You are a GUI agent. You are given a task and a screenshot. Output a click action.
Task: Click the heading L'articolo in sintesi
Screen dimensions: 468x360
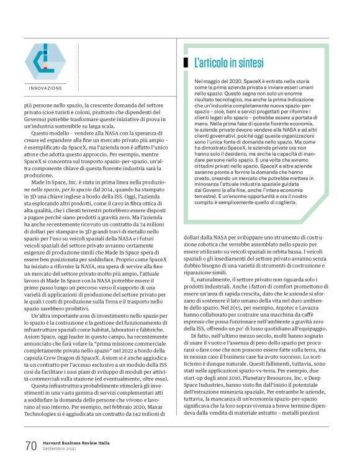tap(229, 63)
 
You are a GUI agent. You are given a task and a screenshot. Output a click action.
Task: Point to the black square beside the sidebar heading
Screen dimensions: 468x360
tap(186, 63)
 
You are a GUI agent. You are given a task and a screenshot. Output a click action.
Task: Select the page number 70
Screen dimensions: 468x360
tap(31, 445)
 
